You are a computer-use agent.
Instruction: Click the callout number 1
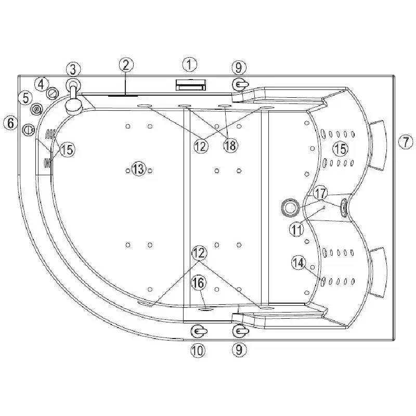[190, 64]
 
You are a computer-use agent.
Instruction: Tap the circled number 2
[126, 64]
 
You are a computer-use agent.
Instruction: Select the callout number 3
[73, 69]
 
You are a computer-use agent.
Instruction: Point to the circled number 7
[406, 142]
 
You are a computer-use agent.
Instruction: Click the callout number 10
[198, 350]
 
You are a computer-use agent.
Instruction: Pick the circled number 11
[296, 229]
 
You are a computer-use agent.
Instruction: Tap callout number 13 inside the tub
[139, 168]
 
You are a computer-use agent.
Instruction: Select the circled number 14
[298, 263]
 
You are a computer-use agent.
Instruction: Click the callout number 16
[199, 283]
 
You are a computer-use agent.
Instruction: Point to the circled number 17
[320, 193]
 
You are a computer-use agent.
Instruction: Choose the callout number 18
[230, 146]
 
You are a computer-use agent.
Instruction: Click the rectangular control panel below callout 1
[191, 85]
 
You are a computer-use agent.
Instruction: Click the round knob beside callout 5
[37, 109]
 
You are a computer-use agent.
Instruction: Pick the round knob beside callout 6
[29, 129]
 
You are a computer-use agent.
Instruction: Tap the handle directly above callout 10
[199, 331]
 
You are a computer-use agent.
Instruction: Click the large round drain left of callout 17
[290, 206]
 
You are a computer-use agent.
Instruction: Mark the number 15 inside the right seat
[341, 149]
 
